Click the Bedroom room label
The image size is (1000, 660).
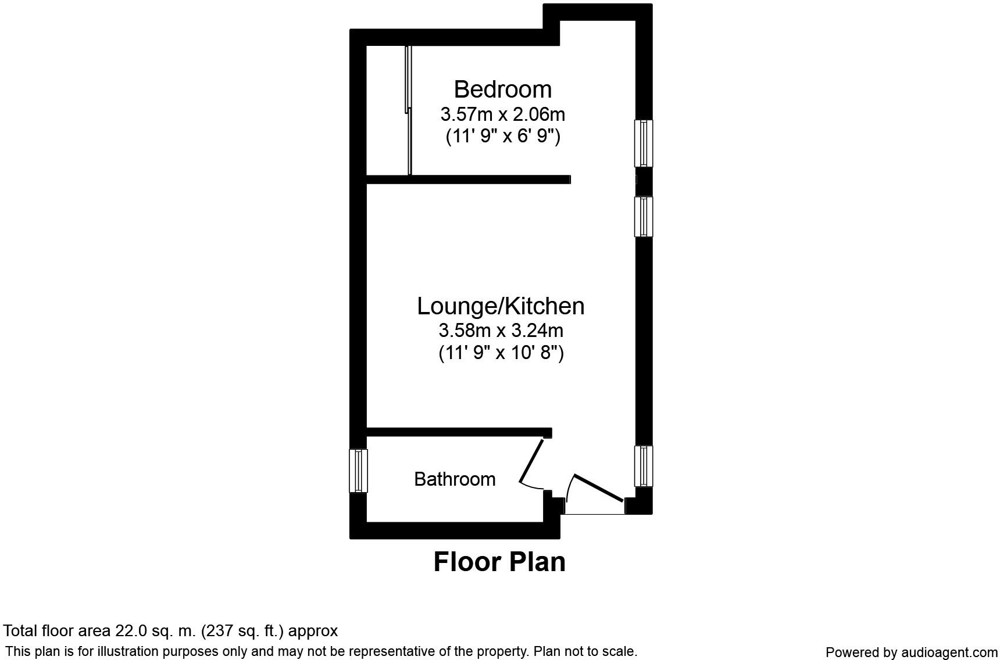(x=502, y=89)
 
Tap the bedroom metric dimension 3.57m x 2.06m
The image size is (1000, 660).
(x=502, y=114)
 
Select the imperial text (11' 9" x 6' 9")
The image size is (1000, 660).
(x=502, y=136)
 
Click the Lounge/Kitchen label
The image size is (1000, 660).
(x=501, y=306)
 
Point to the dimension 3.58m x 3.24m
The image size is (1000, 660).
(x=501, y=331)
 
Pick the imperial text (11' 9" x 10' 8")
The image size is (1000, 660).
(x=501, y=353)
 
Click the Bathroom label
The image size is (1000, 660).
(x=455, y=479)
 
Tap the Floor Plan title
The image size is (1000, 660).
(x=499, y=562)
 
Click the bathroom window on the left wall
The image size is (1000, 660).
(x=358, y=471)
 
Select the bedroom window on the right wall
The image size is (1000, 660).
(x=644, y=143)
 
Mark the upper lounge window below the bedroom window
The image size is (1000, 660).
(x=644, y=216)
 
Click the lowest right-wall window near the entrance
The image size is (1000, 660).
(x=644, y=466)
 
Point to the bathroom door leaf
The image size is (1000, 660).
(x=531, y=462)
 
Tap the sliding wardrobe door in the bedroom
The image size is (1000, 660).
(x=408, y=110)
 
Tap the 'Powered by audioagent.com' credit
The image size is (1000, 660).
(x=911, y=652)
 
